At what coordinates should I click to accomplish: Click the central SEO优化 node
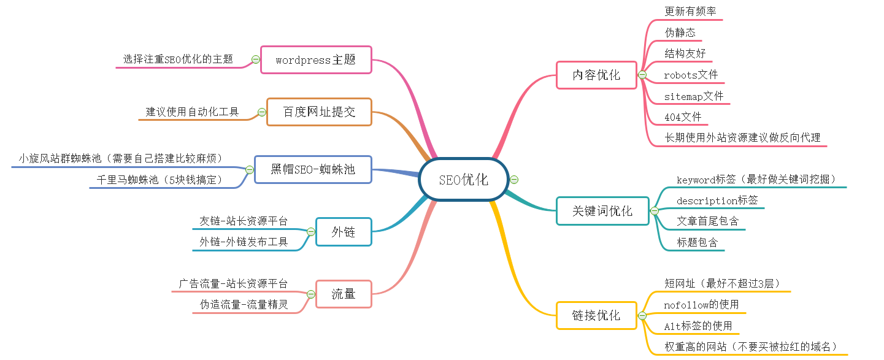(464, 180)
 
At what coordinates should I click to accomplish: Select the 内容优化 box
(596, 75)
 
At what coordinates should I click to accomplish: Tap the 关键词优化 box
(602, 211)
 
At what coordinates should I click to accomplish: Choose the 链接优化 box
(596, 315)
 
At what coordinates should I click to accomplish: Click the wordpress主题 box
(316, 59)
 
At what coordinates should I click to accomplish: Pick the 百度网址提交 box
(319, 112)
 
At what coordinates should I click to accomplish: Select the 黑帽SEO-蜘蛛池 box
(313, 169)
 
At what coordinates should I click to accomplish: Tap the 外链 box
(344, 232)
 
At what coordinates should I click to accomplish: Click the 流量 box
(344, 294)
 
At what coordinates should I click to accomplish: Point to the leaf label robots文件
(691, 75)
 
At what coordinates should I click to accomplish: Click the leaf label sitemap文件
(694, 96)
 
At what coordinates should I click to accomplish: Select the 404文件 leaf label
(683, 117)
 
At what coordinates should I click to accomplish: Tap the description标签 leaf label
(717, 201)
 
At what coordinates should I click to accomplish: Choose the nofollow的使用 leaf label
(701, 305)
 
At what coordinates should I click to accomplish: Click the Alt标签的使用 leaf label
(698, 326)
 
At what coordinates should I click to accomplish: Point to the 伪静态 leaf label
(680, 33)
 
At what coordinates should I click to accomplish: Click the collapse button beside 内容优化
(642, 75)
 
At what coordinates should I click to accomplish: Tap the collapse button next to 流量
(311, 294)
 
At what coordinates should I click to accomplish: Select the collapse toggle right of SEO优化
(514, 180)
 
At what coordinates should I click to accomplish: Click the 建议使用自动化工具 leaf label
(192, 112)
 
